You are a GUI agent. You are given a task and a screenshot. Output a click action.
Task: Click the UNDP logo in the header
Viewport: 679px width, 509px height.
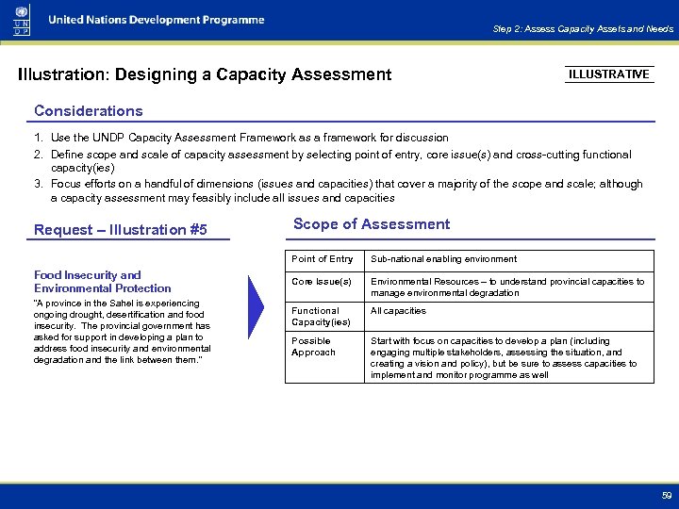22,20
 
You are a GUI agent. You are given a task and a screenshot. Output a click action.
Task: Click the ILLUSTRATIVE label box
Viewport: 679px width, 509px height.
609,74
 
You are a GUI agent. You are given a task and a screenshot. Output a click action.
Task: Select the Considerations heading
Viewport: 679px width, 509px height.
89,111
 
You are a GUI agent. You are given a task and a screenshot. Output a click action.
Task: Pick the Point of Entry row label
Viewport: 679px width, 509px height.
323,259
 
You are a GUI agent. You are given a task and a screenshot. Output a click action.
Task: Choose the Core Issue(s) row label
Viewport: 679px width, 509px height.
322,282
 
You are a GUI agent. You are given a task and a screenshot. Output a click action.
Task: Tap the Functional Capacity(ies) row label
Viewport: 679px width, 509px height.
321,317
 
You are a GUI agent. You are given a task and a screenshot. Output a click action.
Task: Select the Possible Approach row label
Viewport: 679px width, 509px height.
313,347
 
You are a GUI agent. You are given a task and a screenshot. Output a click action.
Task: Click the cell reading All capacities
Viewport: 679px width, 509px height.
398,311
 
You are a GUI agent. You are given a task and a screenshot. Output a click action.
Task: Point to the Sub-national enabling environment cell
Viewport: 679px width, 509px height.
443,259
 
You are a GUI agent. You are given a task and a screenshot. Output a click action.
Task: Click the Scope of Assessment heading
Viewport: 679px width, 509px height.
372,224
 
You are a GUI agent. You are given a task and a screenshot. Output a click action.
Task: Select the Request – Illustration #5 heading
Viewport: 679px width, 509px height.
120,230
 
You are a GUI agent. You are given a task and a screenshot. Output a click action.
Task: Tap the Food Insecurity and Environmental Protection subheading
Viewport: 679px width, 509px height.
102,282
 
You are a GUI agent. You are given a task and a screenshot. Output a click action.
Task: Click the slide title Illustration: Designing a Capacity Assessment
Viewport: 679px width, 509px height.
205,74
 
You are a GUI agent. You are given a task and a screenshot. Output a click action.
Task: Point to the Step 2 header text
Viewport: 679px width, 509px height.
583,29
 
